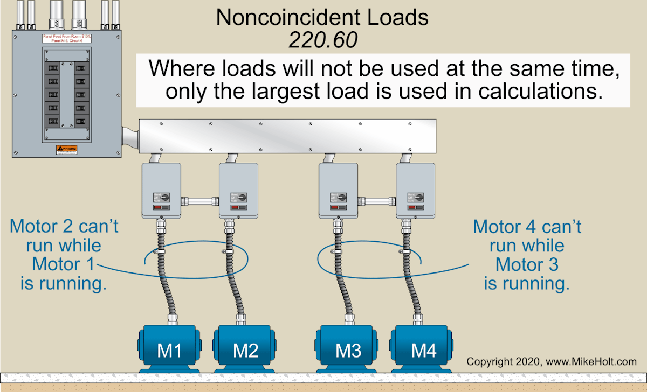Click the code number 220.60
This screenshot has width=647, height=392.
pos(322,40)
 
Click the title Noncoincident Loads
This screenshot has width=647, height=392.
pos(322,18)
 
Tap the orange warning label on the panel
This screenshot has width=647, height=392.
pos(67,149)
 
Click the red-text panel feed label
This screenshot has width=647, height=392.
pos(67,38)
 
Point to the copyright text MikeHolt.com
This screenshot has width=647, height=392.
pos(551,361)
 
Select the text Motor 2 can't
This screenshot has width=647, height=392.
pos(64,226)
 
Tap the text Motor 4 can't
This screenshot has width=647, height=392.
pos(527,226)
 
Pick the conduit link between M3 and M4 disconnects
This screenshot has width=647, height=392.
pos(377,201)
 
